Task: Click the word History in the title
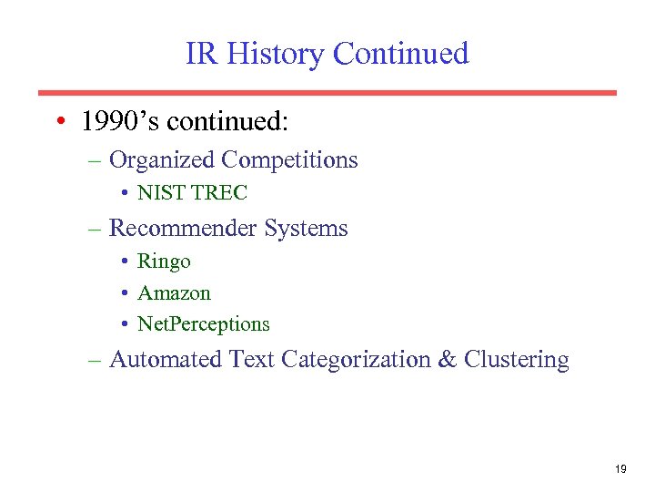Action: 275,55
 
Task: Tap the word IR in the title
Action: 202,55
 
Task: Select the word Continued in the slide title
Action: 400,55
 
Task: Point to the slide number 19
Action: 620,469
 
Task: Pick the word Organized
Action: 162,160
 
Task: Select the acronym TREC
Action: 218,193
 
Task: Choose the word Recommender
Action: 183,228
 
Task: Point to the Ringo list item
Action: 164,262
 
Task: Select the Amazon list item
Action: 174,293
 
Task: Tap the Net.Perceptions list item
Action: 204,324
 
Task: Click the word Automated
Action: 166,360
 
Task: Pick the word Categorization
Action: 356,360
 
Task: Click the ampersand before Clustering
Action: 447,360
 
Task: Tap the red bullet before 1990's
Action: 58,122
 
